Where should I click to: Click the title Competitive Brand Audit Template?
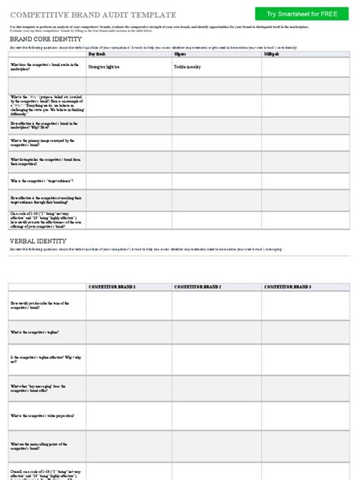click(x=93, y=14)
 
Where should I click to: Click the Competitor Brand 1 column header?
click(x=112, y=286)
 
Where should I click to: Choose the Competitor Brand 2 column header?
click(x=197, y=286)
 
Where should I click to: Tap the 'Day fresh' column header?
click(x=97, y=55)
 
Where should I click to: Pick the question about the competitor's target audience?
click(x=42, y=181)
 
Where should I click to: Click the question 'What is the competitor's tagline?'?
click(x=34, y=332)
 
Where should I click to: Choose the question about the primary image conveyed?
click(x=42, y=142)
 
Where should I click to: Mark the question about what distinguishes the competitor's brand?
click(x=42, y=161)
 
